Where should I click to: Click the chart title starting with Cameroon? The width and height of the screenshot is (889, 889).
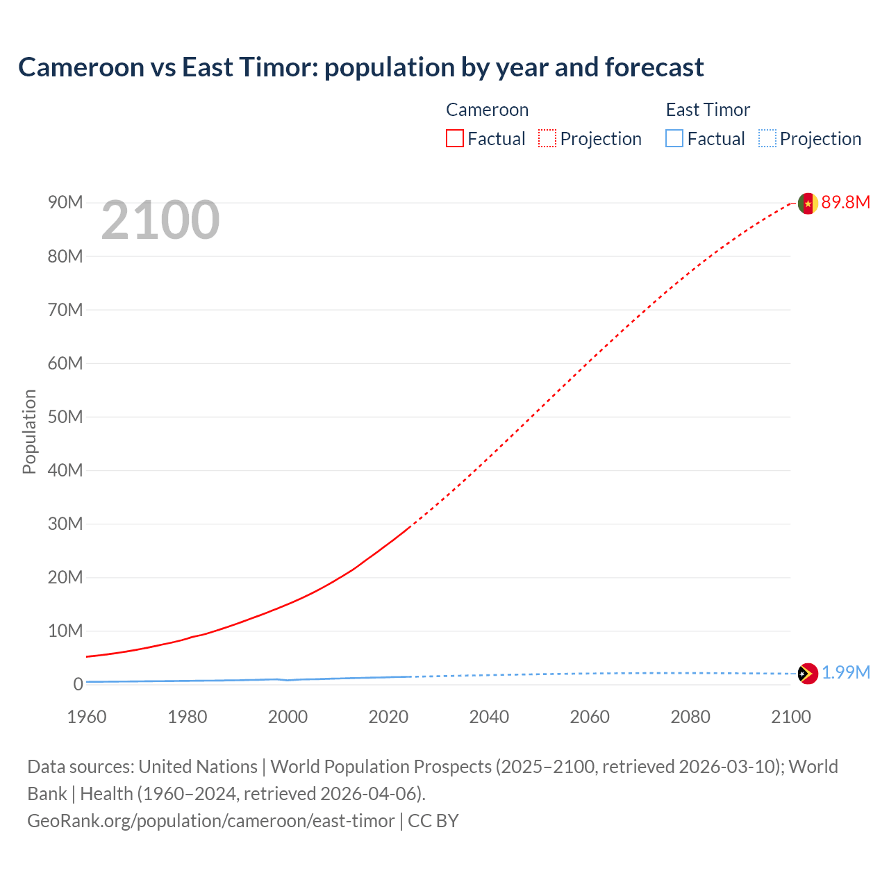point(360,67)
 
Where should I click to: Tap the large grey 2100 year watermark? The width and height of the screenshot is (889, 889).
point(160,221)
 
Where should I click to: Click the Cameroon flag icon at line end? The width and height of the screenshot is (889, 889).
point(807,203)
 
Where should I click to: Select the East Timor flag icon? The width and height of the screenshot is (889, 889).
point(807,673)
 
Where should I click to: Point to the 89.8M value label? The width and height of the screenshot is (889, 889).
point(845,202)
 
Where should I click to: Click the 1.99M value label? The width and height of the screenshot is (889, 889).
point(846,672)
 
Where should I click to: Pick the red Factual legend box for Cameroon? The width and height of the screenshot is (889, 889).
point(454,138)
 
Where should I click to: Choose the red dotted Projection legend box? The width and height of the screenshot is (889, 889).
point(547,138)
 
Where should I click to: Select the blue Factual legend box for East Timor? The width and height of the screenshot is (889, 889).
point(674,138)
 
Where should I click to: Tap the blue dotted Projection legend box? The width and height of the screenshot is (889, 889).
point(767,138)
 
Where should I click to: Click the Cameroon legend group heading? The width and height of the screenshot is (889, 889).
point(487,110)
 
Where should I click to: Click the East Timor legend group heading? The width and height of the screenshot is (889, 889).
point(708,110)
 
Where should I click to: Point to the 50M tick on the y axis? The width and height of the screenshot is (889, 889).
point(65,417)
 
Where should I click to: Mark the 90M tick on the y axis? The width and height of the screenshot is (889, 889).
point(65,202)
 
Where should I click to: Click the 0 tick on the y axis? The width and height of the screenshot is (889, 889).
point(78,684)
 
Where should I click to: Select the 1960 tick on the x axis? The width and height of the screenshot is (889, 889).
point(87,717)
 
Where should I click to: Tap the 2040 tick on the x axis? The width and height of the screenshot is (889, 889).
point(489,717)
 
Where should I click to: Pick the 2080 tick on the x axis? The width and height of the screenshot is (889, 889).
point(690,717)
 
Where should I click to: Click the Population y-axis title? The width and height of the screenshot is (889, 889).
point(29,431)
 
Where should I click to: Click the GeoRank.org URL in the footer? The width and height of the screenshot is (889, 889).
point(210,821)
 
